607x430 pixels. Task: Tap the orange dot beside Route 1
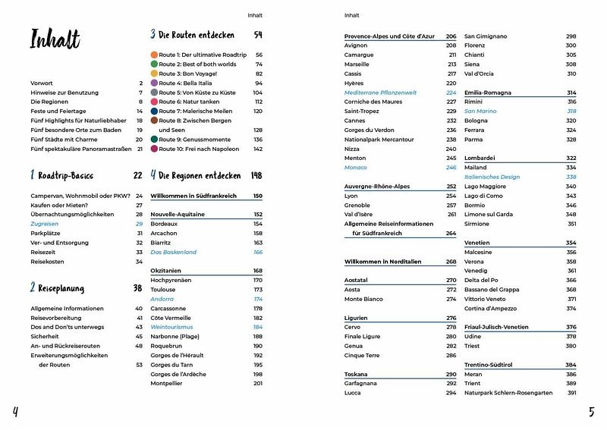point(154,55)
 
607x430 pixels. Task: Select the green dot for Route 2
point(154,64)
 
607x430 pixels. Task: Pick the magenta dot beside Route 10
point(154,149)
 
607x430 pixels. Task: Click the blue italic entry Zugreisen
point(44,224)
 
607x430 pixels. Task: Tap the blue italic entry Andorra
point(162,299)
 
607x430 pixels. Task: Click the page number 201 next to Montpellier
point(257,383)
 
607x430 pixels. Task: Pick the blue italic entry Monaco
point(355,167)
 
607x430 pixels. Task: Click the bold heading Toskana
point(356,374)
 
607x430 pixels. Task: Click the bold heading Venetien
point(479,243)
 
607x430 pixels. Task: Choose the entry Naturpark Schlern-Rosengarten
point(509,393)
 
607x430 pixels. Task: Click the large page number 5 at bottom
point(592,413)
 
